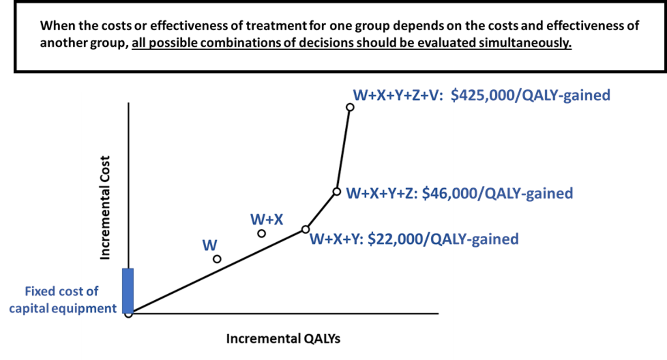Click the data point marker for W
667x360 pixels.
[x=217, y=259]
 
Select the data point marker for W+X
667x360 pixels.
[x=262, y=233]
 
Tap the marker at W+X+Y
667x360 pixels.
[x=306, y=229]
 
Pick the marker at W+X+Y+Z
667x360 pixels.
[x=337, y=191]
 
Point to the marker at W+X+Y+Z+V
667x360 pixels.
[x=350, y=107]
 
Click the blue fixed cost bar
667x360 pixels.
[x=128, y=290]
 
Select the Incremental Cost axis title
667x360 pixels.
[x=105, y=208]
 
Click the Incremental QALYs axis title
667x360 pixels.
[x=283, y=339]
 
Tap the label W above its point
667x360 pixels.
[x=210, y=245]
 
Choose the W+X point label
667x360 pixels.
[x=267, y=219]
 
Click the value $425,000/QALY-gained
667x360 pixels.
[x=530, y=95]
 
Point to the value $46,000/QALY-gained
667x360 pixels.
[x=497, y=193]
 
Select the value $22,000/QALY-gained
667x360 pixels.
[x=443, y=239]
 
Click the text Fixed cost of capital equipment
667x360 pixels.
[x=62, y=300]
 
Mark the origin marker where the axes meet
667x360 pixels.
[x=128, y=314]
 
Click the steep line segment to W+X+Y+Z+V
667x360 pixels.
[x=344, y=148]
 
